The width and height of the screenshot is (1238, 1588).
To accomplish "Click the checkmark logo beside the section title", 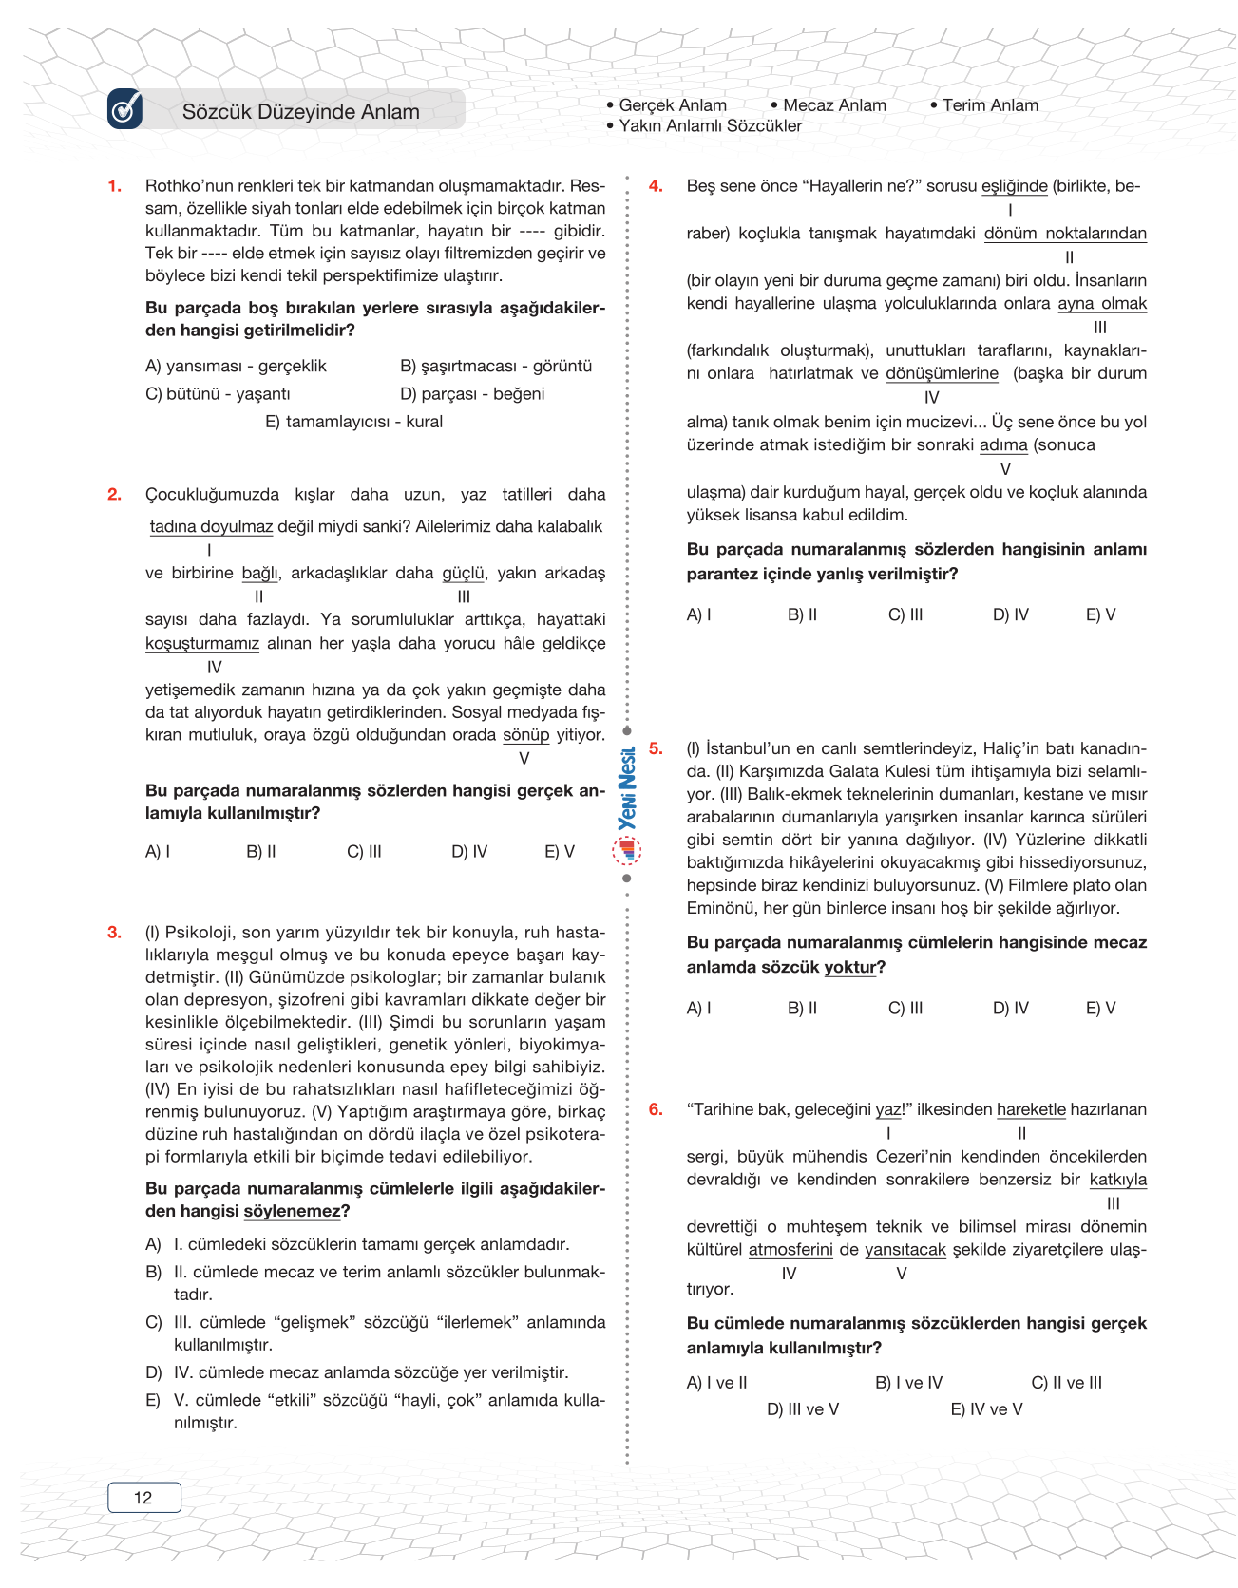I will (125, 109).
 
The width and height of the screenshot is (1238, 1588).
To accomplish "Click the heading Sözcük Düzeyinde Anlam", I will (300, 112).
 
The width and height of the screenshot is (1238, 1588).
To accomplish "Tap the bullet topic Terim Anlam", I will (989, 105).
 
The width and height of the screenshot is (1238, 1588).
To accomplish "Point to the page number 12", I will (143, 1498).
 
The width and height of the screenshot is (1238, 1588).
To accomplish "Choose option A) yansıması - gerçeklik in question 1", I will (236, 367).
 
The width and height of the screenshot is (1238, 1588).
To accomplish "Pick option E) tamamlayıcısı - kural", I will (353, 422).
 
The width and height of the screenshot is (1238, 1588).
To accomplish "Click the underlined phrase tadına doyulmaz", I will (211, 527).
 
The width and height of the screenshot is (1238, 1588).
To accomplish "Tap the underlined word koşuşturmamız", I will (202, 644).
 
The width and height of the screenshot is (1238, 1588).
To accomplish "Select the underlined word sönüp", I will (525, 735).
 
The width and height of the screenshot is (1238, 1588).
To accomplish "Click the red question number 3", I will (114, 933).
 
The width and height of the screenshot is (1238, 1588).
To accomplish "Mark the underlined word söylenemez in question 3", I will (292, 1212).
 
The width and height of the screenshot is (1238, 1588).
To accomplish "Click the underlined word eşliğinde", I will (1014, 187).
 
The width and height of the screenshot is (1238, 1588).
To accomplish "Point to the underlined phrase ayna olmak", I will (1101, 304).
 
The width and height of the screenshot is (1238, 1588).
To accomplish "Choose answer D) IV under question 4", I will (1010, 615).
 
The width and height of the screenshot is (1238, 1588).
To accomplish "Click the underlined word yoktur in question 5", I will (849, 968).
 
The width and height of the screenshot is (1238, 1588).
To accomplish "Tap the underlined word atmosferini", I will (790, 1250).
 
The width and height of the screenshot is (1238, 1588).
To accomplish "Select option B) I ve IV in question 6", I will (908, 1383).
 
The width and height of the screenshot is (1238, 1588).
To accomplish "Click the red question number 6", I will (656, 1109).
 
